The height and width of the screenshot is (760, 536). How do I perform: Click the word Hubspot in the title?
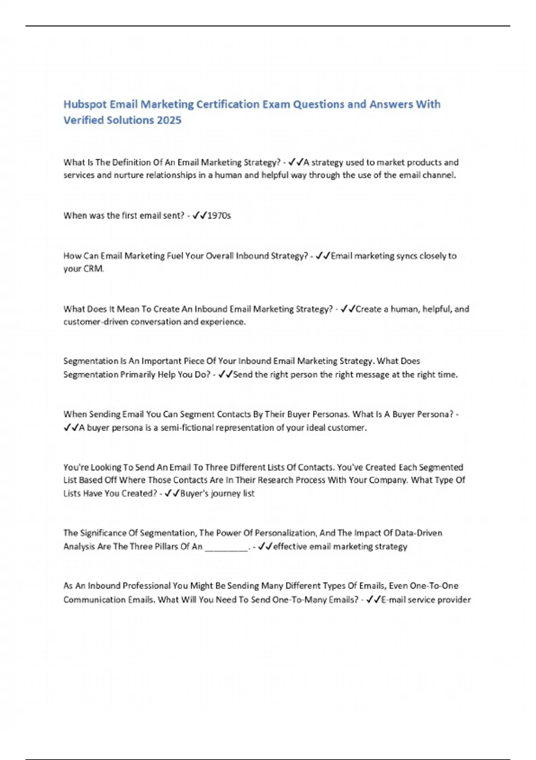85,105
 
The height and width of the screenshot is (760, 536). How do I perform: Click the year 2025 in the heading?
169,120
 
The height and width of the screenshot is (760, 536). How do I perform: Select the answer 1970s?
219,215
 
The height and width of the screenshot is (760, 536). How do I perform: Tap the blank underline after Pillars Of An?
226,547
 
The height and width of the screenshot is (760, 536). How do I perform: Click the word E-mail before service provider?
396,600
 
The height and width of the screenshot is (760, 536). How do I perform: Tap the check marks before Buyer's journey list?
172,494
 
